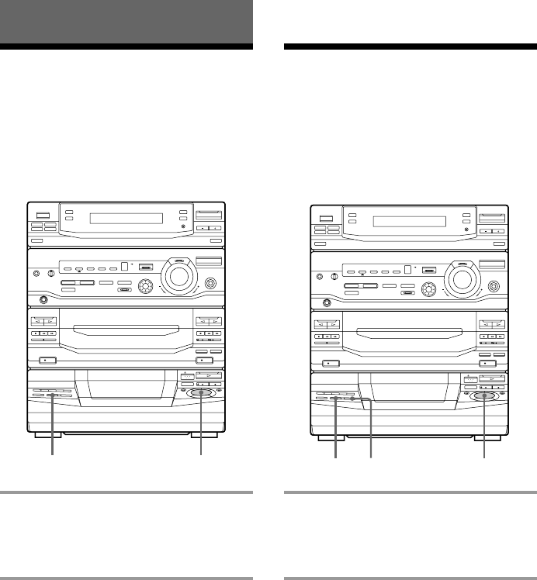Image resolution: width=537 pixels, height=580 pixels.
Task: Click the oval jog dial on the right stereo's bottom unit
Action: [486, 396]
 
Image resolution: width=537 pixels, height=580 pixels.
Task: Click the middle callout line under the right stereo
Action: [371, 434]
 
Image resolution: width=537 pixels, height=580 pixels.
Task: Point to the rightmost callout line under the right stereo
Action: [486, 434]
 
